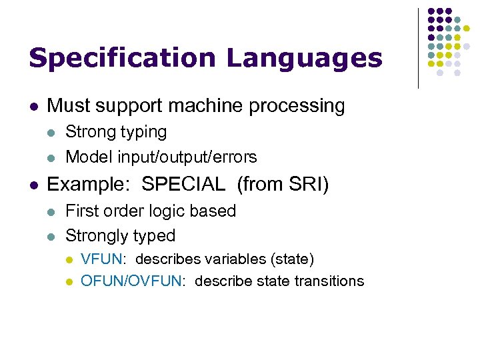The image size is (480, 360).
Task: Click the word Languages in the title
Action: point(305,58)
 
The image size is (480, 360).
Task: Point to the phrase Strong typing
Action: point(116,132)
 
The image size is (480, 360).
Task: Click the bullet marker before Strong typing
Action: point(51,133)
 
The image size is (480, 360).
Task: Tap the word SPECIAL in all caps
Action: point(185,185)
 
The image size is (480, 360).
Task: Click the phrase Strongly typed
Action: point(120,236)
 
